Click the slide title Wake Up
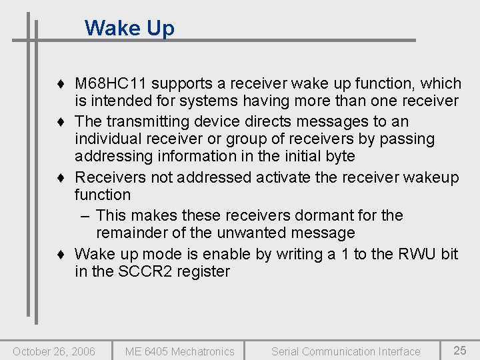pyautogui.click(x=129, y=28)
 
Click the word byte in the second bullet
pyautogui.click(x=339, y=156)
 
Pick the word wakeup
pyautogui.click(x=432, y=177)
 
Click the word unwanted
pyautogui.click(x=251, y=233)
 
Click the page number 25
pyautogui.click(x=459, y=351)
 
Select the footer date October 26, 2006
pyautogui.click(x=54, y=351)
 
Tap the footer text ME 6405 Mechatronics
pyautogui.click(x=179, y=351)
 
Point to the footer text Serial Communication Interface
pyautogui.click(x=345, y=351)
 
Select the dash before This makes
pyautogui.click(x=85, y=215)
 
